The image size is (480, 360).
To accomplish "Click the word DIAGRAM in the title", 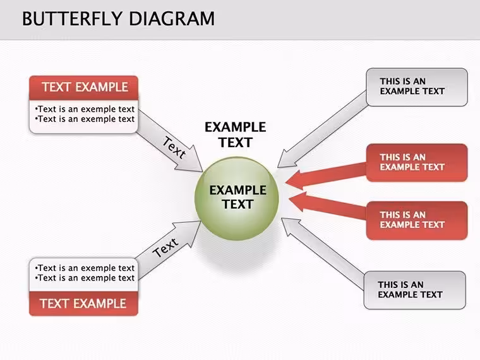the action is pos(172,19).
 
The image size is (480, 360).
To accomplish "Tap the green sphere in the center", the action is pos(237,198).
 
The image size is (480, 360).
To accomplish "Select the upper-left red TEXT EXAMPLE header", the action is pos(83,87).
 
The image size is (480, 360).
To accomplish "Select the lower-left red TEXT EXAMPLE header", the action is pos(83,303).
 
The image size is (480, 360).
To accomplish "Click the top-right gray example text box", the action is pos(417,87).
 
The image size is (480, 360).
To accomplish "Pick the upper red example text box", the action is pos(417,162).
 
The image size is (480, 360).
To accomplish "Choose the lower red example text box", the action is pos(417,220).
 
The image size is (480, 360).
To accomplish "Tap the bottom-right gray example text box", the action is pos(415,290).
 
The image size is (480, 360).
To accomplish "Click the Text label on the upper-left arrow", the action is pos(174,148).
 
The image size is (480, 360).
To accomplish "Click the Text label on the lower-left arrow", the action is pos(165,248).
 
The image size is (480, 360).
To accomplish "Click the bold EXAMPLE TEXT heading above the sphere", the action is pos(235,135).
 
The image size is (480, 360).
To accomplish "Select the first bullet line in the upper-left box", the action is pos(85,109).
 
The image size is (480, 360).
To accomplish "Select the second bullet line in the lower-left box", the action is pos(85,278).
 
